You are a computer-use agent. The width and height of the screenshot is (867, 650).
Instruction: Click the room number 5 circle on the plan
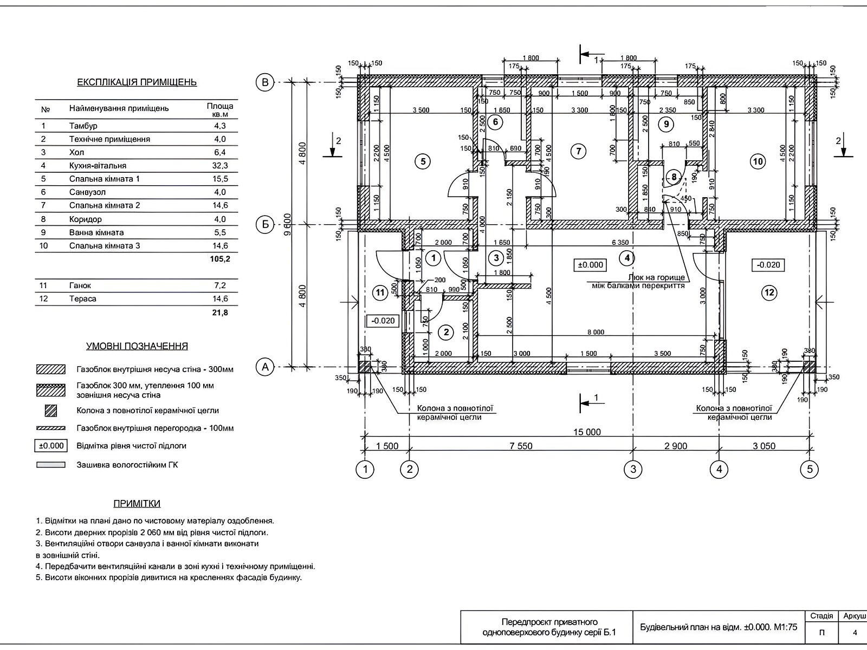tap(423, 161)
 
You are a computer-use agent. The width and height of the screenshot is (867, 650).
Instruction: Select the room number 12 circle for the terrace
tap(769, 293)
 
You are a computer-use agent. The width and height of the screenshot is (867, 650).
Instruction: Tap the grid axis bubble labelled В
tap(265, 82)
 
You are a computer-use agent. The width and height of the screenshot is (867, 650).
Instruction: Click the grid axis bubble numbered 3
tap(633, 469)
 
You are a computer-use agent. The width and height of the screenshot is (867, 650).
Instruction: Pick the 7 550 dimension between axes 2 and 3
tap(521, 446)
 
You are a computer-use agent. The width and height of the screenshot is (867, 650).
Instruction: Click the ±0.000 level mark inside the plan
tap(590, 265)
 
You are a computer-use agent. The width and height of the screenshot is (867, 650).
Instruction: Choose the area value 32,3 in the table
tap(219, 166)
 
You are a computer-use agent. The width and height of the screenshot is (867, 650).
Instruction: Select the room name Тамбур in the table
tap(83, 126)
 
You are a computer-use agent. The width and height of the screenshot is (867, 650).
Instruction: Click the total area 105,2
tap(219, 259)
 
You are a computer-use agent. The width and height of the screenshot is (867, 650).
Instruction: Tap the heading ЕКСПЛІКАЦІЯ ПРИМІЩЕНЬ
tap(137, 82)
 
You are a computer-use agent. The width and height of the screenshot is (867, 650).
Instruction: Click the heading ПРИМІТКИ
tap(137, 504)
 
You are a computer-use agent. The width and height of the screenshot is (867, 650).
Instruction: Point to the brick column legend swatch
tap(50, 411)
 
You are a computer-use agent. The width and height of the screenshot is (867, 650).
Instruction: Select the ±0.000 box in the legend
tap(51, 446)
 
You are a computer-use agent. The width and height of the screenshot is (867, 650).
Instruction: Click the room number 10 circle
tap(758, 161)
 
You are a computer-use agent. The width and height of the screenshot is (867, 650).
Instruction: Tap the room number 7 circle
tap(579, 151)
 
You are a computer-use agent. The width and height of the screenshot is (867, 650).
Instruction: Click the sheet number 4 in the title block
tap(855, 632)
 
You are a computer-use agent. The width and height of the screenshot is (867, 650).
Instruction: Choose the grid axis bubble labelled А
tap(265, 367)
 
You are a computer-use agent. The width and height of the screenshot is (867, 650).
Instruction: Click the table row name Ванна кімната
tap(96, 232)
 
